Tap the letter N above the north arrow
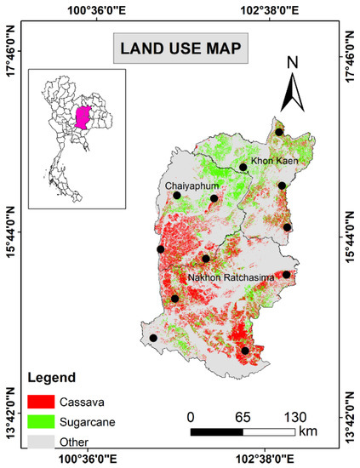point(292,63)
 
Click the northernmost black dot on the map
point(279,132)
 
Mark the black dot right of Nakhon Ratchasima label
point(287,275)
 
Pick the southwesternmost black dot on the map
point(153,338)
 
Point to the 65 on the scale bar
point(242,416)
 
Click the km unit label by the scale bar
point(308,431)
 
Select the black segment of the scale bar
point(216,432)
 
